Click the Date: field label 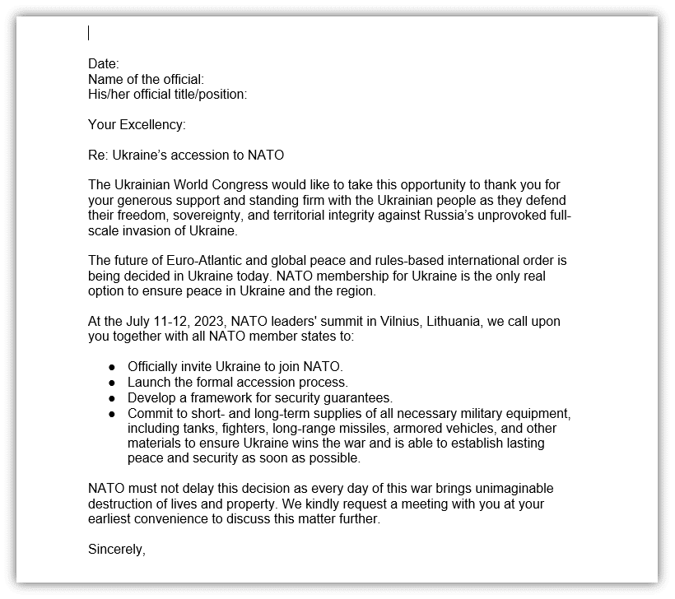pos(104,64)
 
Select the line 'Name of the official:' pos(146,79)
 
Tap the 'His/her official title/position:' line pos(167,94)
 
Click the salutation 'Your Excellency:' pos(137,124)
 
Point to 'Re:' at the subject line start pos(98,155)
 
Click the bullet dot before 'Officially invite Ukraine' pos(112,367)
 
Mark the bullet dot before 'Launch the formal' pos(112,383)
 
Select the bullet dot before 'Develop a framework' pos(112,397)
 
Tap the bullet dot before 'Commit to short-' pos(112,412)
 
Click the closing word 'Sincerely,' pos(117,549)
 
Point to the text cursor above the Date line pos(89,33)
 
